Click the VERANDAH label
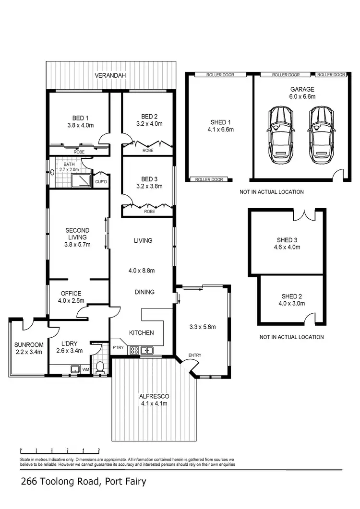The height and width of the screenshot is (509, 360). pos(110,76)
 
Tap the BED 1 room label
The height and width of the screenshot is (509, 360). pos(80,118)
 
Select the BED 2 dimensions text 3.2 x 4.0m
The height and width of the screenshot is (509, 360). pos(149,123)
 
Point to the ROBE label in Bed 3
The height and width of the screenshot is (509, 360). pos(149,211)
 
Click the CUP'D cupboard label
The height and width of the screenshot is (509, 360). pos(101,182)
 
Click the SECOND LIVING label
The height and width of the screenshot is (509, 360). pos(77,234)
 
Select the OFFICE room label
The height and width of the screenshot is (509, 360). pos(71,294)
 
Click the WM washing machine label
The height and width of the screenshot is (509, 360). pos(86,369)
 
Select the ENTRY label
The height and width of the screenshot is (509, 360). pos(195,355)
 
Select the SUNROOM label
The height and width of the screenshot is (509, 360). pos(29,344)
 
